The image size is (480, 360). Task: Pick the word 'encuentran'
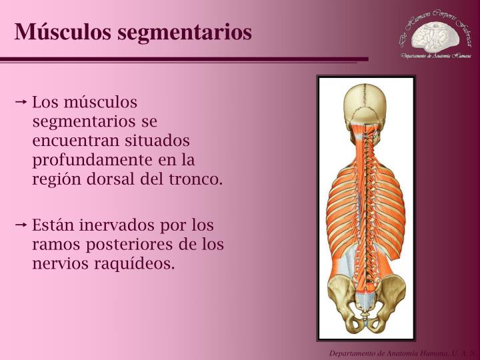71,141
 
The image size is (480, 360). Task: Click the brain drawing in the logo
435,38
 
